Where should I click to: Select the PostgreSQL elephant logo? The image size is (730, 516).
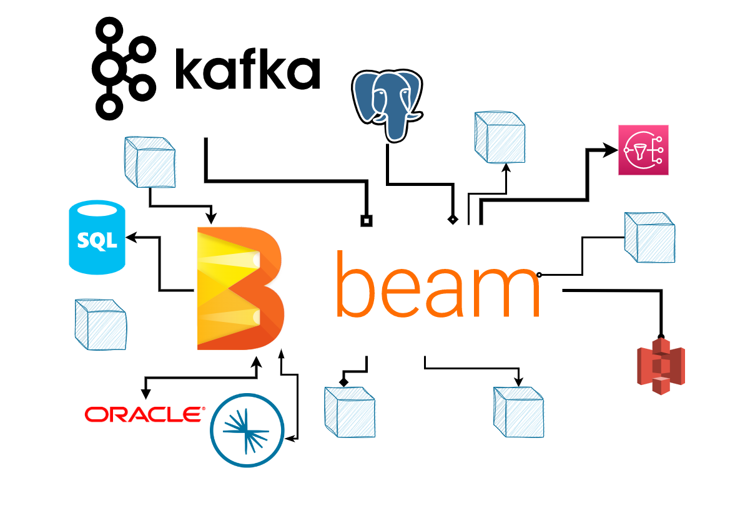pos(387,104)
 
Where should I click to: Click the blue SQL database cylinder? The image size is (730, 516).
pos(97,237)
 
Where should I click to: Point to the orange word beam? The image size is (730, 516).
pos(437,285)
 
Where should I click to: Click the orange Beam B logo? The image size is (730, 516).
pos(240,288)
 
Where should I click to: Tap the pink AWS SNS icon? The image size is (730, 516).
pos(643,150)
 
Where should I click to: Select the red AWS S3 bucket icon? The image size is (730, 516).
pos(661,367)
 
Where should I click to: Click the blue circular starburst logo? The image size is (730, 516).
pos(247,430)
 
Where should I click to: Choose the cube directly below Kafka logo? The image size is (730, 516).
pos(150,162)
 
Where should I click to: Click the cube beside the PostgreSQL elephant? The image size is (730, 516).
pos(500,137)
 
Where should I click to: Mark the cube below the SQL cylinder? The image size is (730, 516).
pos(101,324)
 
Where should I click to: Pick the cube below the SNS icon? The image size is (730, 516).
pos(649,237)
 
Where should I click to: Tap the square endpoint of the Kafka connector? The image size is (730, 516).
pos(367,221)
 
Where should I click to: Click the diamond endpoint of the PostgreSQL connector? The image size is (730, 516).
pos(453,220)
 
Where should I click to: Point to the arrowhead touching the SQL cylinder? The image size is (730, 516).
pos(131,237)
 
